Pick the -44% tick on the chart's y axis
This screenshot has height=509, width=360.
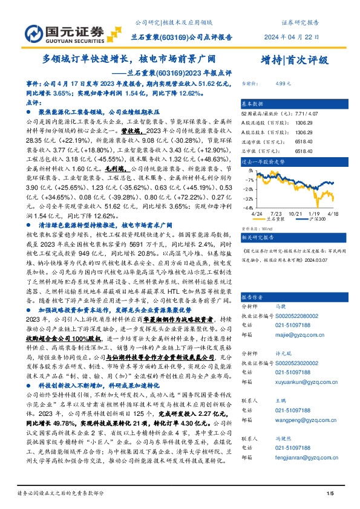tap(248, 207)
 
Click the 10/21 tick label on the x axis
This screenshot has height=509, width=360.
tap(296, 214)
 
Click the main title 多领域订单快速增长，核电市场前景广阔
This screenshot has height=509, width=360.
tap(128, 60)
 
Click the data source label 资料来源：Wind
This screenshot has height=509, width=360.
tap(255, 229)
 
